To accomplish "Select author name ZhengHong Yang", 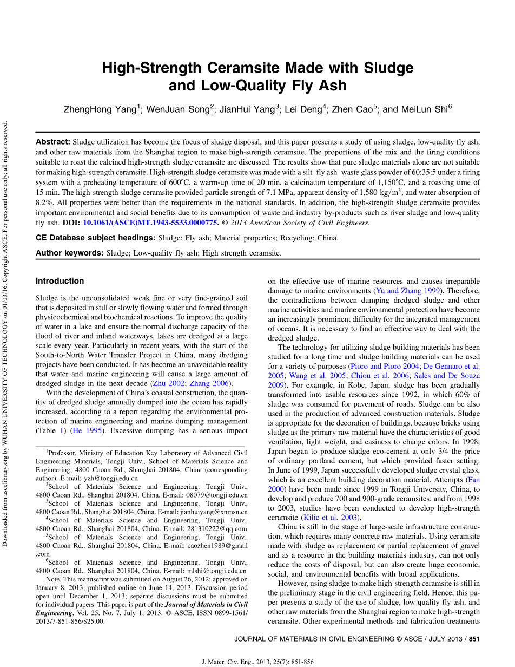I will click(x=100, y=109).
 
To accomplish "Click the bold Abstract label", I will click(x=53, y=142).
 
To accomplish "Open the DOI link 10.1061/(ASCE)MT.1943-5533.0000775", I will click(x=151, y=223).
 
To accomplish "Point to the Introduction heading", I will click(x=60, y=281).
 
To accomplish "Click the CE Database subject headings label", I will click(x=96, y=238).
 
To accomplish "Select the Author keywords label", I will click(x=70, y=253).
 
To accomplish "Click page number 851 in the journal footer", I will click(x=474, y=639).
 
